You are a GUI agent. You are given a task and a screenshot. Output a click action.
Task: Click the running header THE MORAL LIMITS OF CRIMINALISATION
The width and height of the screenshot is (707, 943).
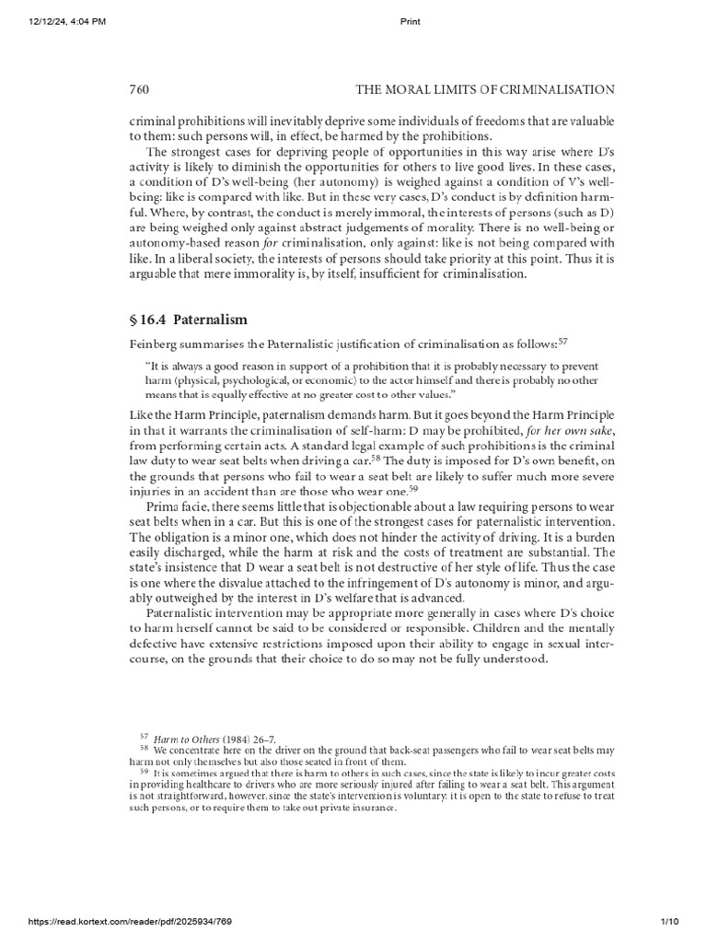[484, 89]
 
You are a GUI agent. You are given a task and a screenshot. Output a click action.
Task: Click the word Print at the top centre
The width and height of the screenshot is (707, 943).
[411, 22]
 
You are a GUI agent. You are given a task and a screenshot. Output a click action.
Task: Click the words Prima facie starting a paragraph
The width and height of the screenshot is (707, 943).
[174, 506]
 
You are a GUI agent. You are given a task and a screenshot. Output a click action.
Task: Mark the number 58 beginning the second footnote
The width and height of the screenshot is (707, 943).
[144, 748]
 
